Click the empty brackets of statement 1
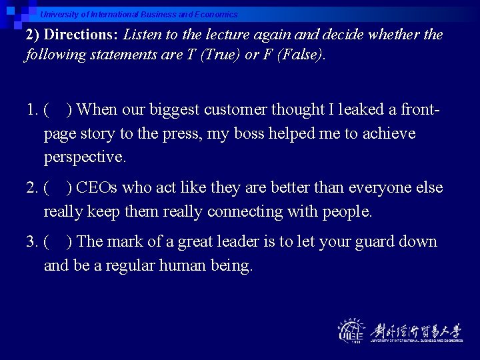pos(59,109)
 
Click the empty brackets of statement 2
pos(59,188)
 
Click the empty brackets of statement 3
pos(59,242)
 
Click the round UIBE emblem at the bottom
pos(351,331)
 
